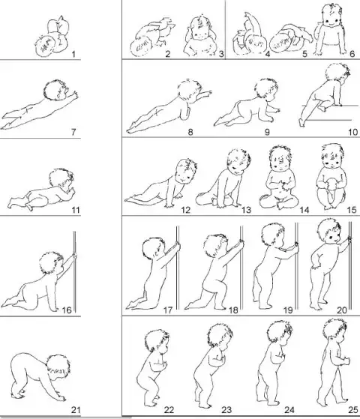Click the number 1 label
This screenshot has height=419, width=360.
point(73,55)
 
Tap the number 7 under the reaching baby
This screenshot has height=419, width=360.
point(73,132)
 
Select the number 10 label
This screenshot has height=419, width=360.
point(352,132)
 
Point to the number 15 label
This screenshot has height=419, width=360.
point(352,210)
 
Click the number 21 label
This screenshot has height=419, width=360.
point(76,410)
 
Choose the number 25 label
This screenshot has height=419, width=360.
point(352,410)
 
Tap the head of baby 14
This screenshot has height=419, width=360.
point(280,158)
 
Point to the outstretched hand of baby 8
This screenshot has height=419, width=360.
point(207,93)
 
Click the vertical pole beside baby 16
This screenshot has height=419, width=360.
point(74,272)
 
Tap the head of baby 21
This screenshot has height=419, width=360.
point(58,367)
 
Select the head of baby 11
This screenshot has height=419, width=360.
point(61,179)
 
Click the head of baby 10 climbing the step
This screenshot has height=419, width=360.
point(337,75)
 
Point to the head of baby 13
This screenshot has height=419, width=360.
point(238,161)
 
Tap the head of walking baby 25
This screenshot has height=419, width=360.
point(335,331)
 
